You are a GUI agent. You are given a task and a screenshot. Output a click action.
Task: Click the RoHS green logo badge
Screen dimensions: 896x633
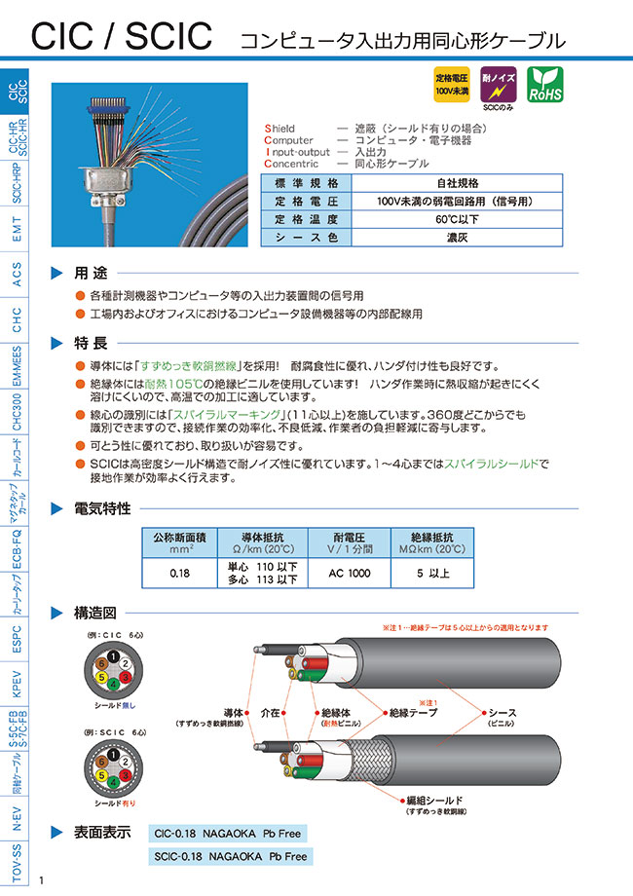click(x=543, y=85)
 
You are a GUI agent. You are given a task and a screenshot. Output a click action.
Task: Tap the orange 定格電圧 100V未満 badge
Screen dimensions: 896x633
click(x=451, y=85)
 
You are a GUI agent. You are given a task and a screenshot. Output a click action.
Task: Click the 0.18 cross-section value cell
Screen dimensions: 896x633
click(x=179, y=575)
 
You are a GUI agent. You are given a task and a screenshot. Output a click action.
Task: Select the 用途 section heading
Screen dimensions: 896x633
click(x=94, y=272)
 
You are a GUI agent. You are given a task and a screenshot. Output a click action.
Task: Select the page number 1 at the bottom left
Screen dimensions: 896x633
click(x=42, y=880)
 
